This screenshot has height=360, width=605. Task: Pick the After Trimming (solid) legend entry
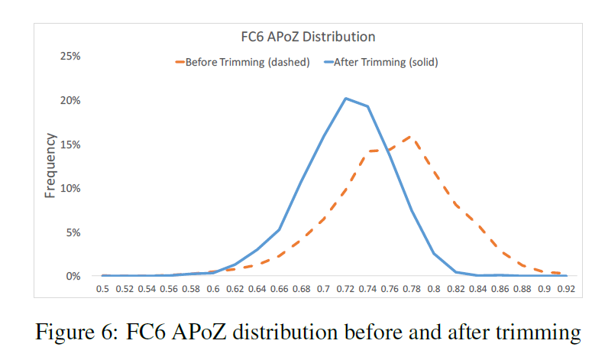click(x=386, y=63)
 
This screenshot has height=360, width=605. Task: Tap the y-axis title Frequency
click(x=50, y=166)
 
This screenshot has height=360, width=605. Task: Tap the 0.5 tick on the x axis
click(x=102, y=290)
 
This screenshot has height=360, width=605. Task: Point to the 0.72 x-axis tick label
click(x=346, y=290)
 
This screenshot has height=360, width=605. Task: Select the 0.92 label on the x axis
click(x=566, y=290)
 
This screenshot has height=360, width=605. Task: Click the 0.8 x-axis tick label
click(x=434, y=290)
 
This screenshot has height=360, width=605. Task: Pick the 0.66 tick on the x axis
click(x=280, y=290)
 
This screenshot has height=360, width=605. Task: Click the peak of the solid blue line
click(x=346, y=98)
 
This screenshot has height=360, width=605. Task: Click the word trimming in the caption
click(x=539, y=333)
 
